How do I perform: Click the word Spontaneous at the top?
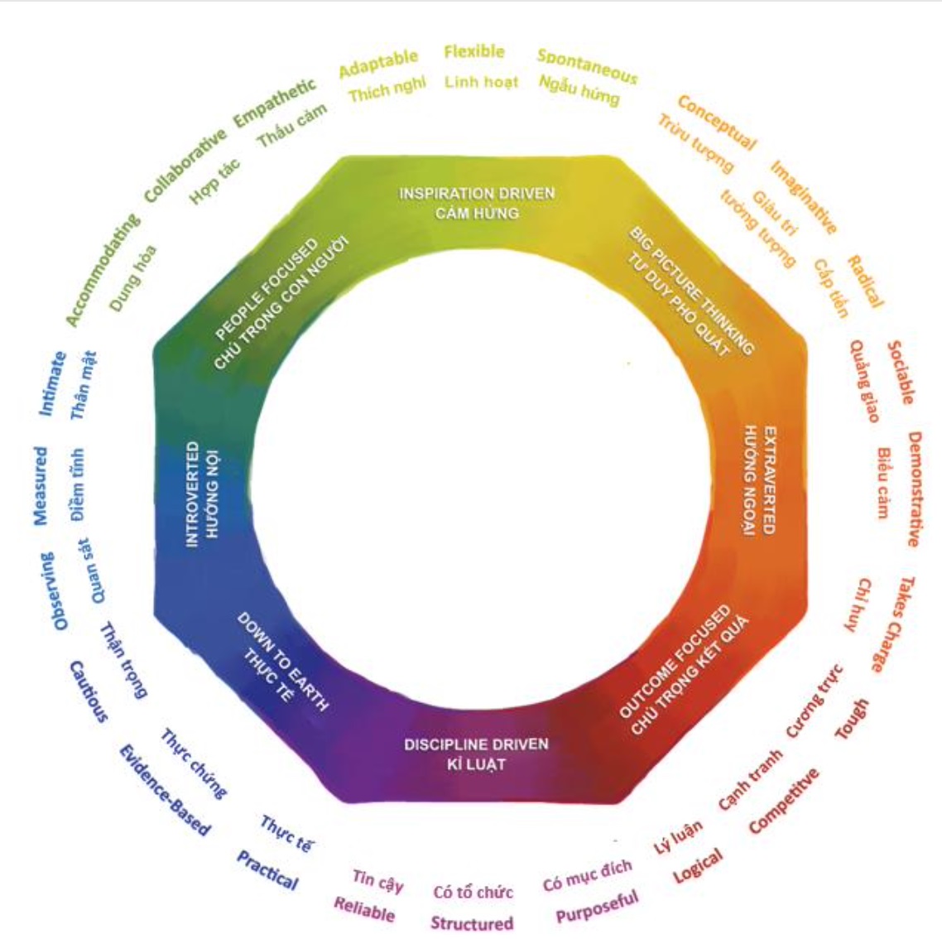[x=587, y=66]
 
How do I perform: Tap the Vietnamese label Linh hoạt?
[x=481, y=82]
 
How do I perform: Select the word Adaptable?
[x=378, y=63]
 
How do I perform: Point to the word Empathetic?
[x=275, y=103]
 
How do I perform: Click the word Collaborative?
[x=185, y=165]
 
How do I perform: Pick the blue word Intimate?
[x=52, y=383]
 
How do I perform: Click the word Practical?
[x=267, y=869]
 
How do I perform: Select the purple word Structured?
[x=472, y=922]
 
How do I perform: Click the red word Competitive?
[x=784, y=801]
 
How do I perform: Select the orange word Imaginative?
[x=804, y=197]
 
